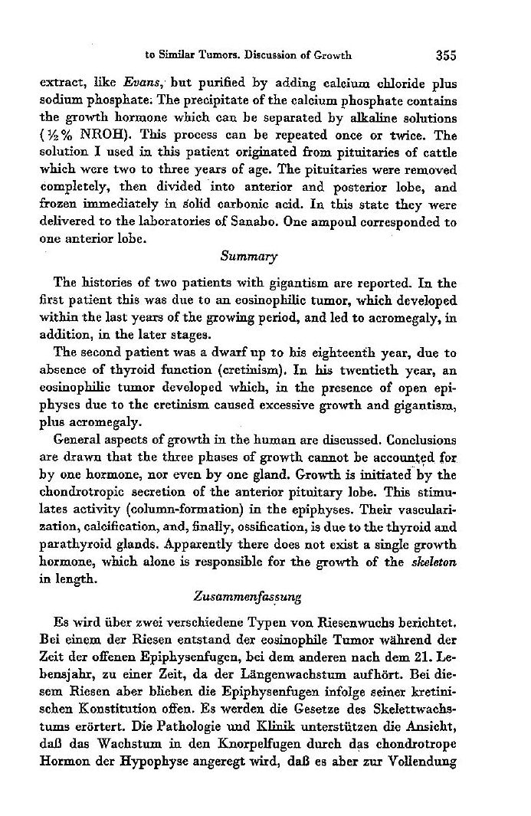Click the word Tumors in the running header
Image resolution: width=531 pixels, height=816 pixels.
(215, 55)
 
